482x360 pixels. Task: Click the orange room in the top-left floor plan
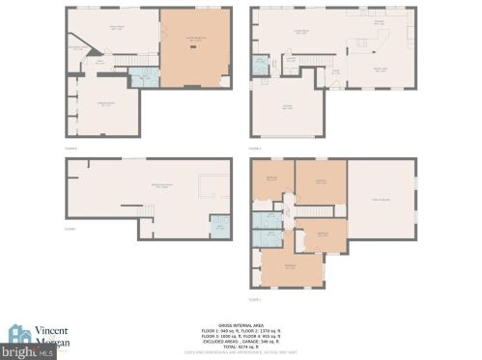[195, 48]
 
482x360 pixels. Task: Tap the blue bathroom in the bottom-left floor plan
[220, 226]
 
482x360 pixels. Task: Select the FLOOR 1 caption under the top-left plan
[71, 148]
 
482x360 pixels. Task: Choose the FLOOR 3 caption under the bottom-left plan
[71, 230]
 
